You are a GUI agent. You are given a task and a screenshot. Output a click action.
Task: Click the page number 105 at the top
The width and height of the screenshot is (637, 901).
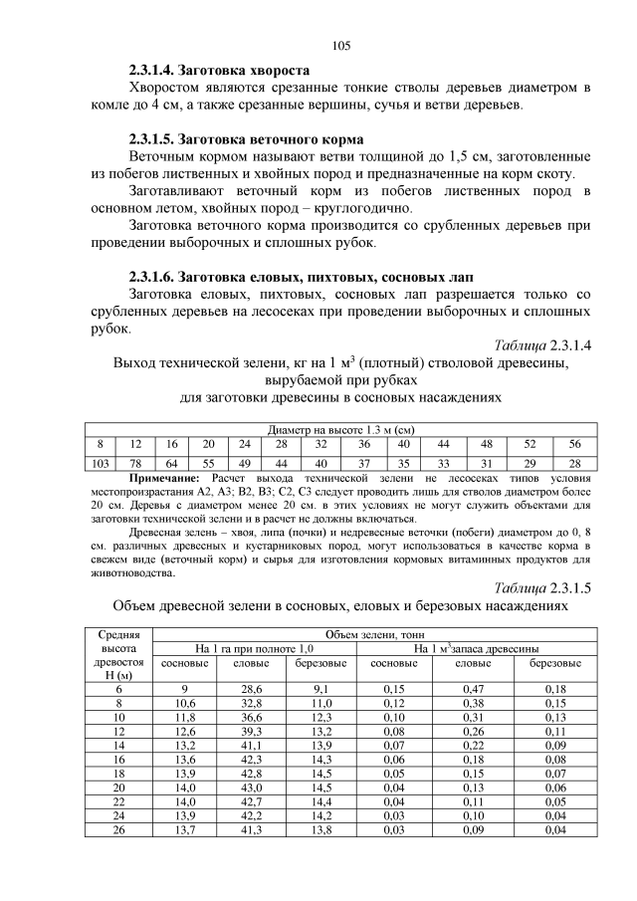click(x=341, y=45)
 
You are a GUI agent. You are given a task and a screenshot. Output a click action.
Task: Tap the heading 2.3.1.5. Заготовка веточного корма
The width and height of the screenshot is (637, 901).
click(x=246, y=138)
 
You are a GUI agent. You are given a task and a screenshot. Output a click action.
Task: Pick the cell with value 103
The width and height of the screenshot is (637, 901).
click(x=99, y=465)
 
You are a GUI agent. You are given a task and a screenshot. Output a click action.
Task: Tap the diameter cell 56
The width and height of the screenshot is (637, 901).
click(x=574, y=443)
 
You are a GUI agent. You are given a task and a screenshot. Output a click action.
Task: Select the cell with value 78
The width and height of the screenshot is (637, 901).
click(x=135, y=465)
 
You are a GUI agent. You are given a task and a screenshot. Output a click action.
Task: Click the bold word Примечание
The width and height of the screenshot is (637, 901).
click(x=164, y=479)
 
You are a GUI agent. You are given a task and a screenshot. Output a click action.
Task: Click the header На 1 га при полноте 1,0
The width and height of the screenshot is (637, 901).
click(x=254, y=648)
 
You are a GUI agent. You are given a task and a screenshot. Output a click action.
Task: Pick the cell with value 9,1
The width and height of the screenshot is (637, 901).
click(x=320, y=689)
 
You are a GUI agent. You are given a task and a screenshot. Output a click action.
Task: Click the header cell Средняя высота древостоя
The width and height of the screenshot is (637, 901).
click(x=119, y=655)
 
